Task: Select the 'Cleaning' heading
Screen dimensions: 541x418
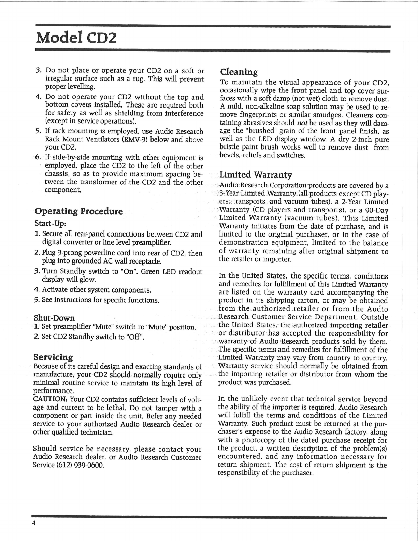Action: click(239, 72)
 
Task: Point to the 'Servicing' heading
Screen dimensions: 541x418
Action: click(53, 357)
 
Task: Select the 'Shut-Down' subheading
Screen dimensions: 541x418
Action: click(54, 318)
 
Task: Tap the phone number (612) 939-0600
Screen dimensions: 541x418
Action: click(85, 465)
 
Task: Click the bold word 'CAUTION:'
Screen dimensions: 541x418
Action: click(50, 400)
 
